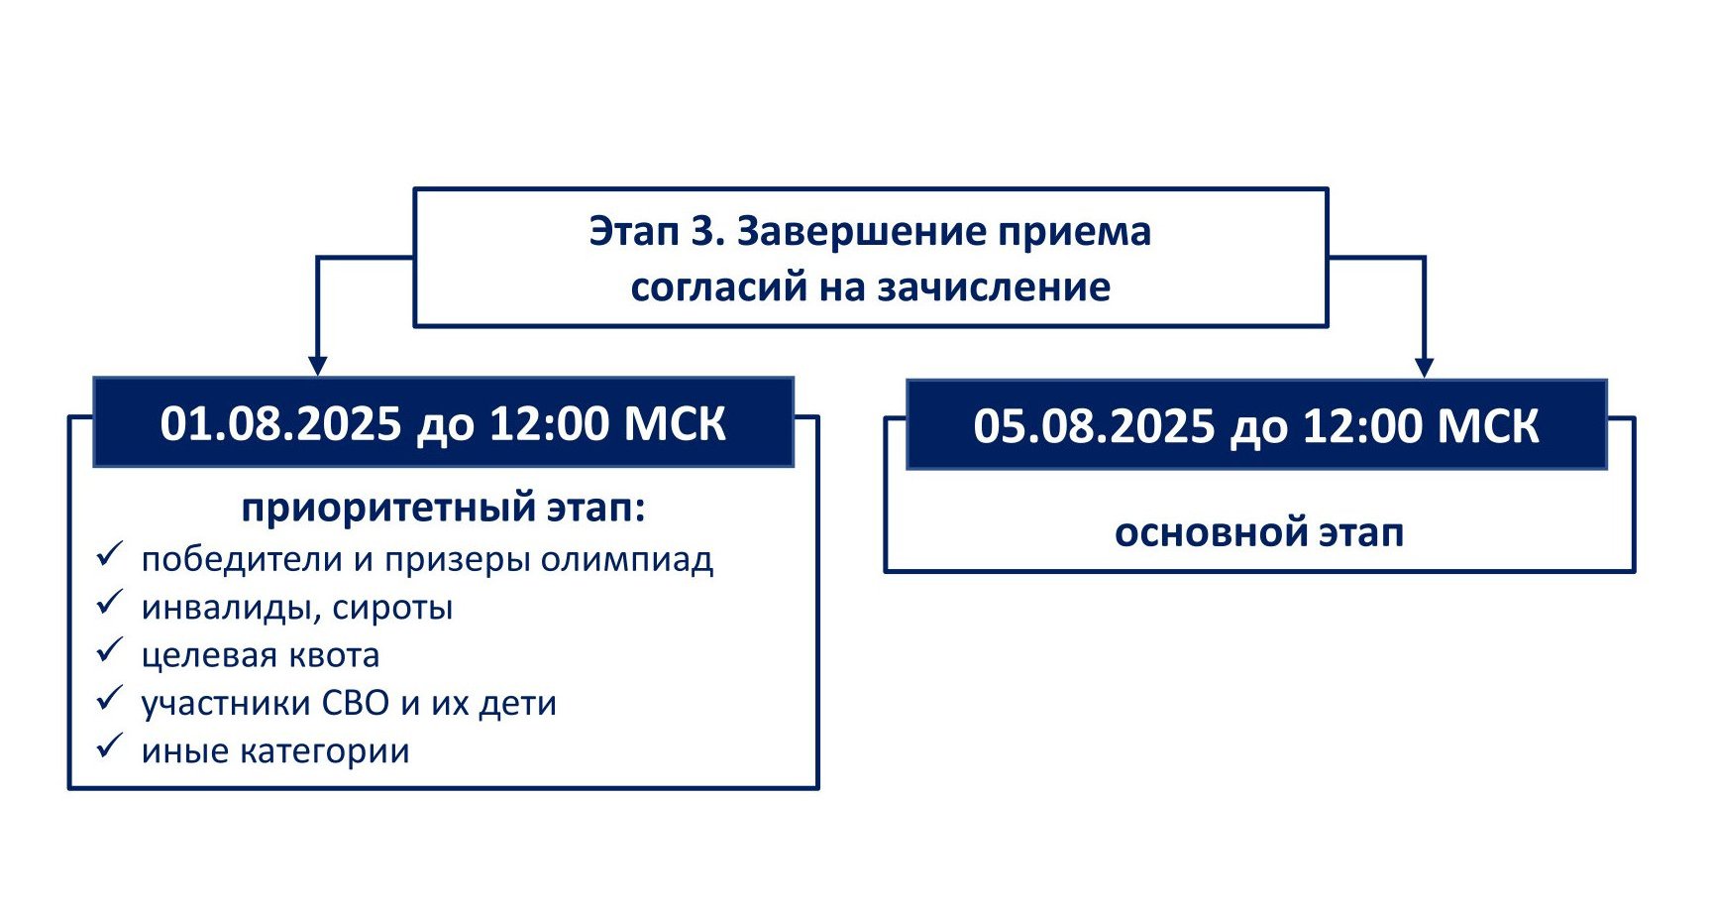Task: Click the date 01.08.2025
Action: click(x=280, y=424)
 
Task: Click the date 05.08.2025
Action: click(x=1094, y=426)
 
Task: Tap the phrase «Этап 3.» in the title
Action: click(x=656, y=232)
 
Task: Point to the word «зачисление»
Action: click(x=994, y=287)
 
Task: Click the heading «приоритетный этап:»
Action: click(x=444, y=510)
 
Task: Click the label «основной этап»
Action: click(x=1259, y=532)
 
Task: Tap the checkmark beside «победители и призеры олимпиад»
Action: click(x=109, y=555)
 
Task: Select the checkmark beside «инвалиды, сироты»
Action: click(x=109, y=603)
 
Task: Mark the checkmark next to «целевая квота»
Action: click(x=109, y=651)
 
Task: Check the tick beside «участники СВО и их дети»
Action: click(x=109, y=699)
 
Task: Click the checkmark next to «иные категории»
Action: click(x=109, y=746)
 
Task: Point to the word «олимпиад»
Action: click(x=627, y=560)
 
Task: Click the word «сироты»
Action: click(x=392, y=608)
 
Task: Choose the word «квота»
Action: click(x=334, y=655)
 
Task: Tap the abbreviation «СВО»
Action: click(x=356, y=703)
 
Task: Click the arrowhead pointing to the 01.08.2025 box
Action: click(x=317, y=367)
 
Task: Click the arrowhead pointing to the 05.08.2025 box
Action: click(x=1425, y=368)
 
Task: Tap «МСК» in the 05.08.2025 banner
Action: click(x=1488, y=426)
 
